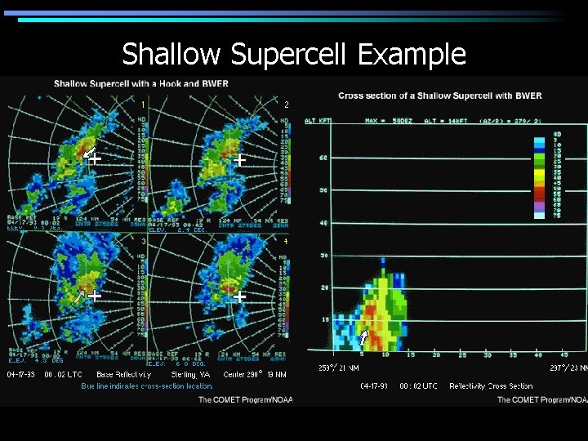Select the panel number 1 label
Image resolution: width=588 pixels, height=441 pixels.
144,105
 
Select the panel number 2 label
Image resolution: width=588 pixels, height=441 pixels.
286,105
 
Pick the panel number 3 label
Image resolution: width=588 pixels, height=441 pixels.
144,242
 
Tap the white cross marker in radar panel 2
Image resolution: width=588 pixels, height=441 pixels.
240,161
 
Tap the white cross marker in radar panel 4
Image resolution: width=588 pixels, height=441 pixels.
240,297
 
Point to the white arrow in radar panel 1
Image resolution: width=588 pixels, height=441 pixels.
87,152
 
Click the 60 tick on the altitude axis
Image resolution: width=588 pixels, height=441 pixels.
323,157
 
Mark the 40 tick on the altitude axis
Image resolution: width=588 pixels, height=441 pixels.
323,222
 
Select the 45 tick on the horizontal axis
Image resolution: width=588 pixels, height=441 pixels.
561,354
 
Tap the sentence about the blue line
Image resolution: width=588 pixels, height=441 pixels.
147,385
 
